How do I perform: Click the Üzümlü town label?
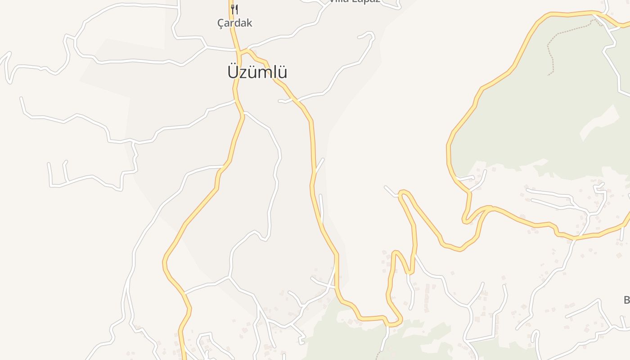click(257, 72)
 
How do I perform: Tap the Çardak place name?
click(234, 23)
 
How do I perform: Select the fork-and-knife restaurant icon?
click(234, 9)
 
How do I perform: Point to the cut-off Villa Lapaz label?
click(355, 1)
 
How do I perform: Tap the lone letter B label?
click(626, 300)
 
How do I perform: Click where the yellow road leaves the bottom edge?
click(183, 358)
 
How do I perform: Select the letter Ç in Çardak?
click(220, 23)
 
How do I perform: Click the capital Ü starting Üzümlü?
click(233, 72)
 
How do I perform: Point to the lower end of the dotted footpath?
click(549, 75)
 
